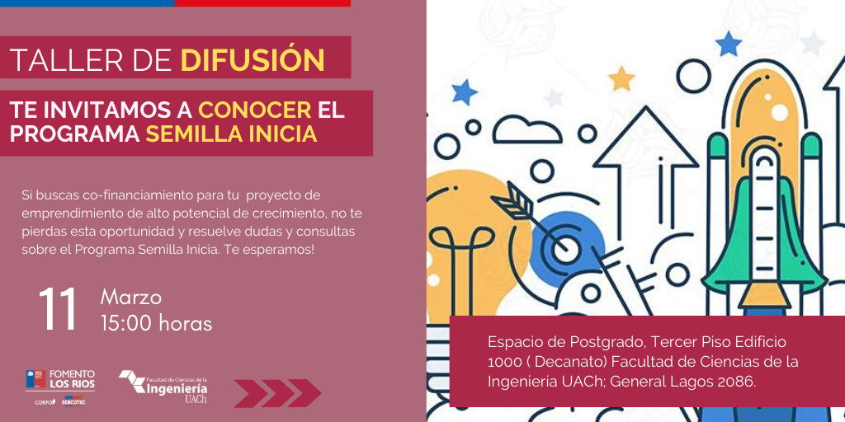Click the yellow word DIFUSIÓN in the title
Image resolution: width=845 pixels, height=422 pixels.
click(x=253, y=60)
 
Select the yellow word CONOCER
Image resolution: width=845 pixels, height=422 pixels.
click(x=255, y=110)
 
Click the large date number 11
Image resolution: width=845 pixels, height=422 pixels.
click(x=59, y=310)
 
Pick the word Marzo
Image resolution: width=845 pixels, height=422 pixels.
click(x=131, y=297)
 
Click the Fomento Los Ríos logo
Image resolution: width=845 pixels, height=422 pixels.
click(x=60, y=379)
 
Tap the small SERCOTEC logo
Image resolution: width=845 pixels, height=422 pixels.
click(x=72, y=401)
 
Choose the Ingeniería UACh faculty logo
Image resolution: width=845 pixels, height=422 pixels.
click(x=164, y=386)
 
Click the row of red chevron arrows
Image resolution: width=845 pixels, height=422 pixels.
click(x=277, y=393)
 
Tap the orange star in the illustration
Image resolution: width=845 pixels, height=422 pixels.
click(x=621, y=78)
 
